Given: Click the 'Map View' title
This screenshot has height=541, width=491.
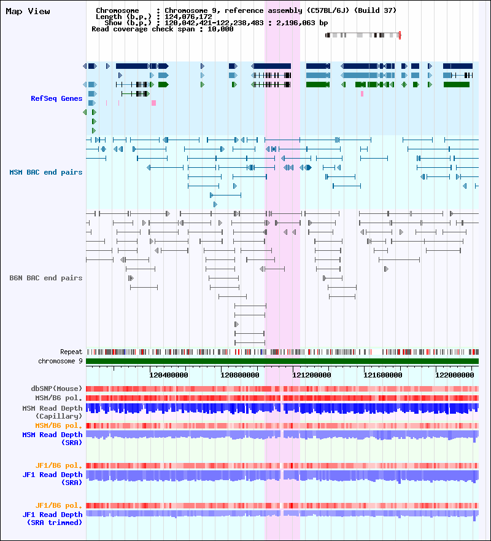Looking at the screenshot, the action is pyautogui.click(x=28, y=12).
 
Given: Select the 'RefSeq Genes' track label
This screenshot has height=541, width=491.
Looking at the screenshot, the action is pyautogui.click(x=56, y=98).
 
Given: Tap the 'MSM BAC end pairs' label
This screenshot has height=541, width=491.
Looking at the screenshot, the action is pyautogui.click(x=46, y=172).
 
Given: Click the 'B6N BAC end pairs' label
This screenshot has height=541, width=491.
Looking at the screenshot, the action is pyautogui.click(x=46, y=278).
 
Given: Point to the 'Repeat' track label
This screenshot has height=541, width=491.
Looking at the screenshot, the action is pyautogui.click(x=71, y=352).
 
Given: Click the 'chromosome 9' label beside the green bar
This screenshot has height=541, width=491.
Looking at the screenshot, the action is pyautogui.click(x=60, y=361).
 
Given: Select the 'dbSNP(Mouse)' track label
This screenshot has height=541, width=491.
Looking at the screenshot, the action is pyautogui.click(x=56, y=389).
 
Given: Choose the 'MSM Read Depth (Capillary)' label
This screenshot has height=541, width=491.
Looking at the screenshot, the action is pyautogui.click(x=52, y=412).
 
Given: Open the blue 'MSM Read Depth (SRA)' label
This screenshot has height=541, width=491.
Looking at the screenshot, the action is pyautogui.click(x=52, y=438).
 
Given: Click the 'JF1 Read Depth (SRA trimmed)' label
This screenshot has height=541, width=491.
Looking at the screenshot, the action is pyautogui.click(x=52, y=519).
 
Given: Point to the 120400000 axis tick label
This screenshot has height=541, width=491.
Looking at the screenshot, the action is pyautogui.click(x=169, y=375).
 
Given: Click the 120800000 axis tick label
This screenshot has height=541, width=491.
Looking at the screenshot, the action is pyautogui.click(x=240, y=375).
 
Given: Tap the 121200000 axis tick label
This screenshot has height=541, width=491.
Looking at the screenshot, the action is pyautogui.click(x=312, y=375).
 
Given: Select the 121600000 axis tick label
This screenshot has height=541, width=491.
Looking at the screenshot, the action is pyautogui.click(x=383, y=375).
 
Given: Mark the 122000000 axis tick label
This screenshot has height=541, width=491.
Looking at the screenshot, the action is pyautogui.click(x=454, y=375).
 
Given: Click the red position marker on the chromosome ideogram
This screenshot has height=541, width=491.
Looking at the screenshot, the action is pyautogui.click(x=400, y=35).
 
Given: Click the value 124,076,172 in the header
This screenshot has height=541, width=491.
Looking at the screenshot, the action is pyautogui.click(x=188, y=17).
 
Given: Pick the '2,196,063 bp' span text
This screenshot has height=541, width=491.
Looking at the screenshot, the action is pyautogui.click(x=302, y=23).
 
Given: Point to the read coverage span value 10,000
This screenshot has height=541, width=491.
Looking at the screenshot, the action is pyautogui.click(x=220, y=30).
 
